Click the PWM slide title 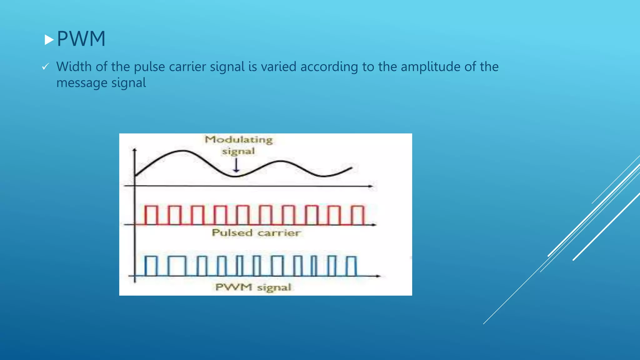pos(81,39)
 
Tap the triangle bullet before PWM pos(49,40)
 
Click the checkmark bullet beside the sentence pos(46,67)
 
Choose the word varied pos(278,67)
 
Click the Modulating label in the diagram pos(239,139)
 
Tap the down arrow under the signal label pos(236,166)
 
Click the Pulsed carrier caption pos(256,233)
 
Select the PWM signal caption pos(253,287)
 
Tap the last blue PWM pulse pos(352,266)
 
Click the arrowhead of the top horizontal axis pos(371,186)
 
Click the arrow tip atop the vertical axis pos(135,150)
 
